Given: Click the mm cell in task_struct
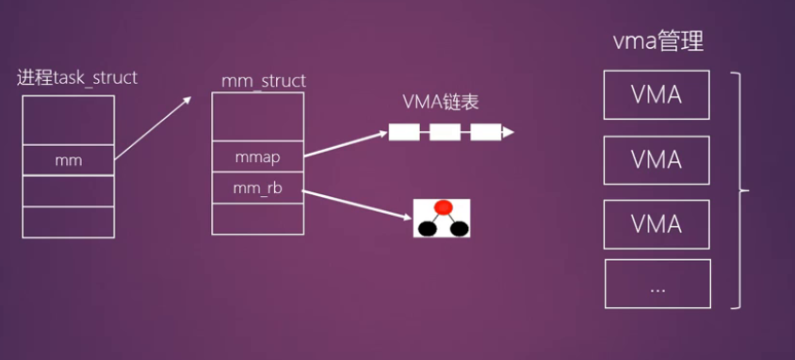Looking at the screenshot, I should [x=68, y=160].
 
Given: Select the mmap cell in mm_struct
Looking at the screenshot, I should [x=257, y=157].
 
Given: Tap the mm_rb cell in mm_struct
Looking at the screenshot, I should [x=257, y=188].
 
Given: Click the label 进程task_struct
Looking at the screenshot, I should [x=77, y=77].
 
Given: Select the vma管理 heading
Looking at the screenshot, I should [x=657, y=41].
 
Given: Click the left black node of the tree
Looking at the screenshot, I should [x=427, y=227].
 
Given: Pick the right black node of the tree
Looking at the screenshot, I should [x=459, y=227].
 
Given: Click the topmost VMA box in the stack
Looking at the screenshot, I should [x=657, y=95].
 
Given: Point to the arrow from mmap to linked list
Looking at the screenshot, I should [x=345, y=141].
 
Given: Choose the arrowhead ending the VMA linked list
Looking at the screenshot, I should [x=508, y=133].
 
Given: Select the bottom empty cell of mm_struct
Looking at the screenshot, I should [x=257, y=219].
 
